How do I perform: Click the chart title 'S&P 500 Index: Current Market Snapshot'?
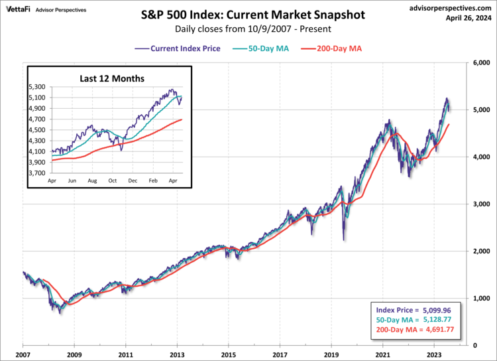[x=248, y=13]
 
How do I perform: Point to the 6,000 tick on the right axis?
[x=480, y=62]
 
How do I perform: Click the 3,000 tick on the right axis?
[x=480, y=204]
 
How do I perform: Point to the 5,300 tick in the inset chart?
[x=39, y=87]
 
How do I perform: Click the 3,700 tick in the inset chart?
[x=39, y=173]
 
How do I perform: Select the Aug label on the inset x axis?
[x=92, y=180]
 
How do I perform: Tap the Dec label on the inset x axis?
[x=133, y=180]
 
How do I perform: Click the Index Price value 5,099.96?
[x=435, y=310]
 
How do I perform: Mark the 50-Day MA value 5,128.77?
[x=435, y=320]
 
